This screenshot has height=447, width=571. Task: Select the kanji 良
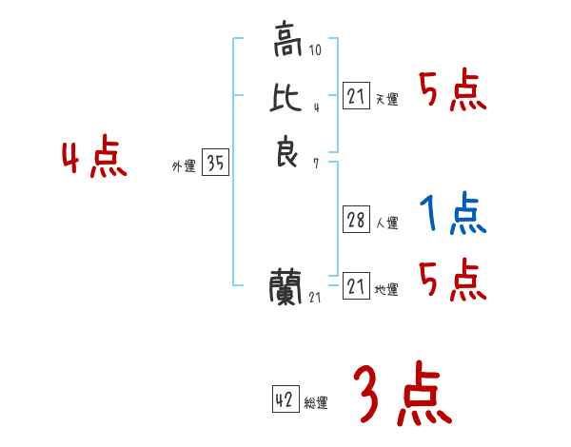[x=287, y=152]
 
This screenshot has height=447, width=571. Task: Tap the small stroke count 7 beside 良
[x=315, y=164]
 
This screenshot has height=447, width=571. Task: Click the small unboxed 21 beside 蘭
[x=315, y=298]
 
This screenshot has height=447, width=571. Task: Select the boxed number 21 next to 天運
[x=355, y=95]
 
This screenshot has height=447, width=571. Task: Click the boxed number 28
[x=355, y=220]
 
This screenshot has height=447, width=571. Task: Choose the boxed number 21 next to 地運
[x=355, y=285]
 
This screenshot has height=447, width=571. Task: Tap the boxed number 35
[x=215, y=164]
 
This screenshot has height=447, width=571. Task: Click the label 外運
[x=184, y=166]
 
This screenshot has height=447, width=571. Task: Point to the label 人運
[x=386, y=224]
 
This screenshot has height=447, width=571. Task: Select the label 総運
[x=316, y=404]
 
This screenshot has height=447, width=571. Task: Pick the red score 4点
[x=94, y=158]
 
